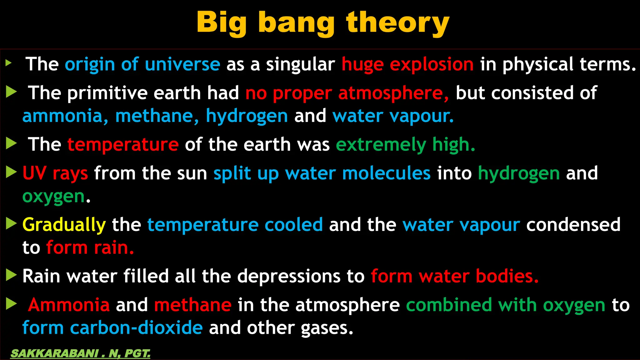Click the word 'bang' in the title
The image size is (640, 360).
click(296, 23)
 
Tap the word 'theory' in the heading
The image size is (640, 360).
click(397, 23)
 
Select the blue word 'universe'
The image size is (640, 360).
click(182, 64)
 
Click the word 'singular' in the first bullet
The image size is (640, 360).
click(300, 64)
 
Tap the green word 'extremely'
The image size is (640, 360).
click(381, 145)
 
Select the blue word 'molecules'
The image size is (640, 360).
click(386, 173)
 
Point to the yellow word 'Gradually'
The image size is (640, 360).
click(64, 225)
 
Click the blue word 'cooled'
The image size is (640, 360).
click(293, 225)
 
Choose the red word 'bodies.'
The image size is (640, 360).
click(507, 276)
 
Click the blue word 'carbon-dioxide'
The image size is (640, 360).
click(136, 328)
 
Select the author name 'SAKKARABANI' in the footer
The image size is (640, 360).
click(54, 353)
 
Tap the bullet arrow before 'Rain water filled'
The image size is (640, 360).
click(11, 275)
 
